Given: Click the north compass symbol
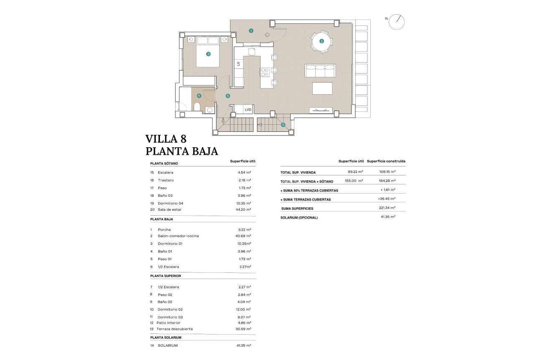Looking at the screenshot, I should [x=396, y=22].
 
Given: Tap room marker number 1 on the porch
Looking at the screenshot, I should [x=251, y=30].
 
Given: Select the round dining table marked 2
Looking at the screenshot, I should [x=321, y=41].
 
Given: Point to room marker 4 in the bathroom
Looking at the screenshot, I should [x=199, y=96].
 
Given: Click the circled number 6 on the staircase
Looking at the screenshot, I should [x=283, y=124].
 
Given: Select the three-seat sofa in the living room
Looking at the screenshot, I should [x=320, y=71].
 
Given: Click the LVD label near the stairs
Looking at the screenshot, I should [x=248, y=110].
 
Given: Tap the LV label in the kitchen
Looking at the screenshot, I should [x=238, y=64].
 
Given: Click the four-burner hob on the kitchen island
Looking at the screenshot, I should [x=265, y=72].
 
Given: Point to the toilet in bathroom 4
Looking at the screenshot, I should [x=197, y=107].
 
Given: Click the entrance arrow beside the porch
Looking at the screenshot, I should [x=267, y=35].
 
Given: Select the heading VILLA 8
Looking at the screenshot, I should [x=166, y=139].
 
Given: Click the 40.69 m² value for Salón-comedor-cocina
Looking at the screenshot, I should [x=243, y=236].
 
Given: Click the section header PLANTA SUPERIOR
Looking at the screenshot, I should [x=165, y=276].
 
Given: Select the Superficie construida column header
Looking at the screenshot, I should [x=386, y=161].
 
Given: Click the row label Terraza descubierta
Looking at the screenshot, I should [x=175, y=329].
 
